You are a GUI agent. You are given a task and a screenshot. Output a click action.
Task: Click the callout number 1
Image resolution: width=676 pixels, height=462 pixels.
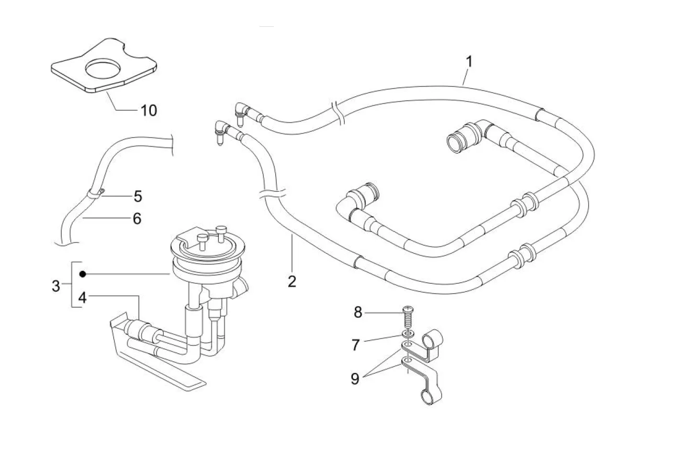(469, 62)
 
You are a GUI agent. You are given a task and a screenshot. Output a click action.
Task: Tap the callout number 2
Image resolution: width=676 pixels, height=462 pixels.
(292, 281)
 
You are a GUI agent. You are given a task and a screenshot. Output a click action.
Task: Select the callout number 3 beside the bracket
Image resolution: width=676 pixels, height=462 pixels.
(56, 286)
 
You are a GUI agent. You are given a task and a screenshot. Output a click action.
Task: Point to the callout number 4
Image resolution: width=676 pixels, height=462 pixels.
(82, 297)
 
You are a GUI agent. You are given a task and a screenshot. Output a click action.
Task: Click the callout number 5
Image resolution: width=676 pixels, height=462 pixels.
(138, 196)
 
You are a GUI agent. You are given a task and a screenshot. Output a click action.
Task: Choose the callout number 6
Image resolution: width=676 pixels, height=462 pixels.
(137, 219)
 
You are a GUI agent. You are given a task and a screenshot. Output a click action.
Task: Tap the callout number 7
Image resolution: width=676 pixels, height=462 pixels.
(356, 345)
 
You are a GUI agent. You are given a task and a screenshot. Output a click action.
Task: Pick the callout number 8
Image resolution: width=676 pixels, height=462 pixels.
(358, 312)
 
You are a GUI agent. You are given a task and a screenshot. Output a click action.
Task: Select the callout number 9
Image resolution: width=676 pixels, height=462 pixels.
(355, 379)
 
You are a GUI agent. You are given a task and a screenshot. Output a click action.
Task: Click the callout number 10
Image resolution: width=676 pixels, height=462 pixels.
(149, 111)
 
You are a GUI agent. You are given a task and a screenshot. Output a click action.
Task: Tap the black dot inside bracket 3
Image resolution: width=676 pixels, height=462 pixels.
(83, 274)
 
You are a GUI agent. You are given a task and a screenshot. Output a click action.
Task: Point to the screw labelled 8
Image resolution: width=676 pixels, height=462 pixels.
(408, 319)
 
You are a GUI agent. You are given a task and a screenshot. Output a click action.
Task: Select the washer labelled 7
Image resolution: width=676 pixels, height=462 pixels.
(408, 334)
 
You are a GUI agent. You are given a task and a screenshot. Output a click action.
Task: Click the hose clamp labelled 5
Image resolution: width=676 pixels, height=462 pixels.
(95, 193)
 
